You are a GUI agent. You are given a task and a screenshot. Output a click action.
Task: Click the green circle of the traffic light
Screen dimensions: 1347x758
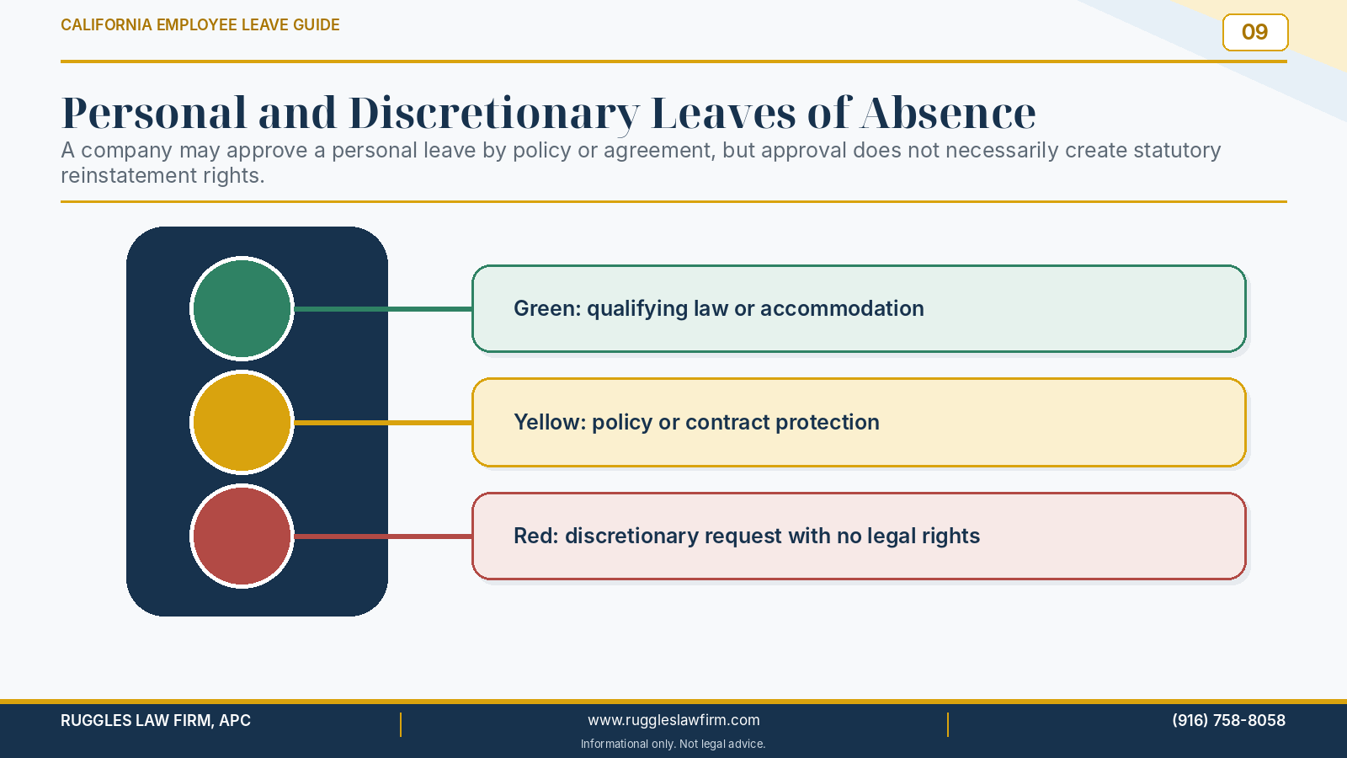[242, 308]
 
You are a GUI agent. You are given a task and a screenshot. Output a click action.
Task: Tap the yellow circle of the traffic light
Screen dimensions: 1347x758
[242, 422]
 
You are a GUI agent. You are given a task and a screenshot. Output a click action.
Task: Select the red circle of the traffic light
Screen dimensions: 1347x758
[242, 536]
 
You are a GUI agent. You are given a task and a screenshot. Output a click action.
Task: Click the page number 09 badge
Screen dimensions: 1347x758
[1255, 33]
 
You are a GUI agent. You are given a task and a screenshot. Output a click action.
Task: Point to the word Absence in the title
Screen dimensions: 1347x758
[948, 113]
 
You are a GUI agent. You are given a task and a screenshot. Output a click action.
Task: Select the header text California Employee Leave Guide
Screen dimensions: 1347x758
[200, 24]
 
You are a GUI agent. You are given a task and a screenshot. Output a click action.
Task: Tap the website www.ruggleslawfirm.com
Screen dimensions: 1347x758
[673, 720]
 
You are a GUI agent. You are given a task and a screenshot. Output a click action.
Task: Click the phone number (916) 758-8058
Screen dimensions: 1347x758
[1228, 720]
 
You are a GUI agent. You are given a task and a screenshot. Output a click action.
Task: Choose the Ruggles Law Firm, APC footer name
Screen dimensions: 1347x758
[156, 720]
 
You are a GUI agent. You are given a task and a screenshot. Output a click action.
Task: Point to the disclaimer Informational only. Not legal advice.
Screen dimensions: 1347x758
[673, 745]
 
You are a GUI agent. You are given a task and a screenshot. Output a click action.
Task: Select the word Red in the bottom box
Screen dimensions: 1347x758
[535, 536]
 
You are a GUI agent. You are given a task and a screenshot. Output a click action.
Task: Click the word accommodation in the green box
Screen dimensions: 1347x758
[842, 308]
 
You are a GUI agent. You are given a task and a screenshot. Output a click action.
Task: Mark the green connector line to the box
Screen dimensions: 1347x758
[383, 309]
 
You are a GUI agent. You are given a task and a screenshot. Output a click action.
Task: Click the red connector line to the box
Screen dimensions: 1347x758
[383, 536]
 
